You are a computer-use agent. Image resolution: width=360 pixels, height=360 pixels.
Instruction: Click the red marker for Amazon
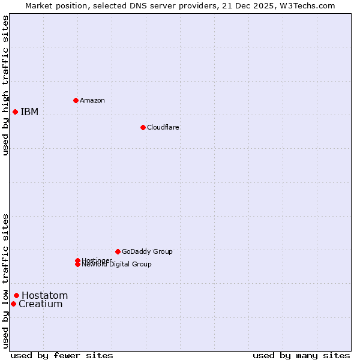(76, 100)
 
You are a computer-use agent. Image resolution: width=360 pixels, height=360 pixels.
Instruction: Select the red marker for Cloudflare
(143, 127)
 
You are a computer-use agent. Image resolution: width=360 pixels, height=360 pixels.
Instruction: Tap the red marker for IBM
(15, 112)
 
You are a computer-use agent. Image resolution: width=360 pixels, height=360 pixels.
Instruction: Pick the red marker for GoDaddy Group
(118, 251)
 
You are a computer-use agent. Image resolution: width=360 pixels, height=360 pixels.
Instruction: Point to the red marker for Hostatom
(16, 295)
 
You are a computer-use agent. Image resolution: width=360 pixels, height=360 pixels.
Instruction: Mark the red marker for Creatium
(13, 304)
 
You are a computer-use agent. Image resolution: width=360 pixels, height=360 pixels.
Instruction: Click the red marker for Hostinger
(77, 260)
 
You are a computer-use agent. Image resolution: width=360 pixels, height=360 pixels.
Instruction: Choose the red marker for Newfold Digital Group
(77, 264)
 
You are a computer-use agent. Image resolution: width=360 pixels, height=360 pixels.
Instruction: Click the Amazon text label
(92, 100)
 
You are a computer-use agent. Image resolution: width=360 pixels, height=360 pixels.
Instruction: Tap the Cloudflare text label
(163, 127)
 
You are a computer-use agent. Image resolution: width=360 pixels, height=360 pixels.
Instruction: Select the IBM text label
(29, 112)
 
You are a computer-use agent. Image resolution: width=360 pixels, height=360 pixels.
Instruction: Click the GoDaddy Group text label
(147, 251)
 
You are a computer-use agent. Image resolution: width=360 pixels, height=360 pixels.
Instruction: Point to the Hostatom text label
(45, 295)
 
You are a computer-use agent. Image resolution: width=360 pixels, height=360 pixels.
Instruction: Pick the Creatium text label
(41, 304)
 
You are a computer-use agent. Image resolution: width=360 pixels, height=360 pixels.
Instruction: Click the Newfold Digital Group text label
(117, 265)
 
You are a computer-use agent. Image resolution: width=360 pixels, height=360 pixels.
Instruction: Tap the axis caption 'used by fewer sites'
(62, 355)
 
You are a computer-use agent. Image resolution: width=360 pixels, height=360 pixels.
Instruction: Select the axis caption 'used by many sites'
(301, 355)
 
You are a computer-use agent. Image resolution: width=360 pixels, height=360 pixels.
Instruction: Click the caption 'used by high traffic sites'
(5, 85)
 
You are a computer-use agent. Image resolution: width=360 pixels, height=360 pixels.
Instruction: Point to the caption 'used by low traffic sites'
(5, 281)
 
